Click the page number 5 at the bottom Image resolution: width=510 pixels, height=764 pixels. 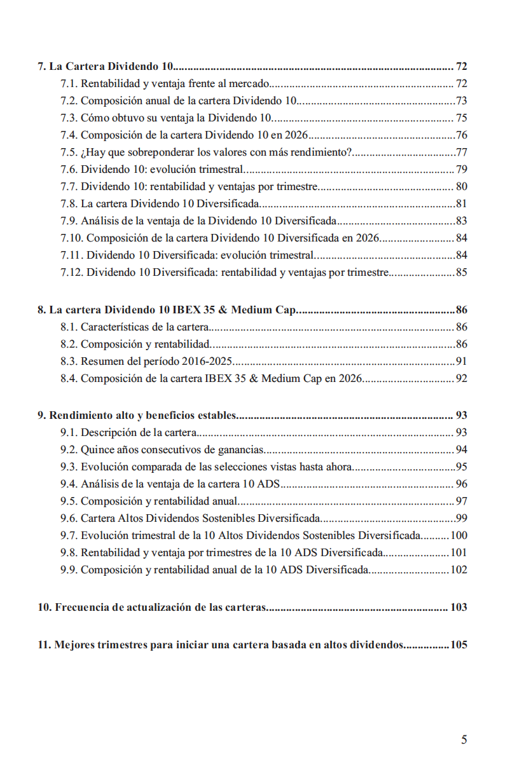pyautogui.click(x=464, y=739)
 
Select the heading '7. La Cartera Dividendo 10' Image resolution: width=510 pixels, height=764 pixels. pyautogui.click(x=106, y=67)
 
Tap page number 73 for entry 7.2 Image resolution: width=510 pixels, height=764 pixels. pyautogui.click(x=462, y=100)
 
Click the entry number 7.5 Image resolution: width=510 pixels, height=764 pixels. pyautogui.click(x=69, y=152)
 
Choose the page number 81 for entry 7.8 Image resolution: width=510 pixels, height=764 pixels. pyautogui.click(x=462, y=203)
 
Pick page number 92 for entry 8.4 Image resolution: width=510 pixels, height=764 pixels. pyautogui.click(x=462, y=379)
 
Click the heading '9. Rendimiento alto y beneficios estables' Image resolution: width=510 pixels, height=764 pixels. pyautogui.click(x=137, y=416)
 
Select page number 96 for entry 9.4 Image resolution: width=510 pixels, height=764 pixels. pyautogui.click(x=462, y=484)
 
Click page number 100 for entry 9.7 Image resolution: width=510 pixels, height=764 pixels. pyautogui.click(x=458, y=536)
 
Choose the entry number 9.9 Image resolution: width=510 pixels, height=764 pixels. pyautogui.click(x=69, y=570)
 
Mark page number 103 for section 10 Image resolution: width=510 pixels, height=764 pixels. pyautogui.click(x=458, y=608)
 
